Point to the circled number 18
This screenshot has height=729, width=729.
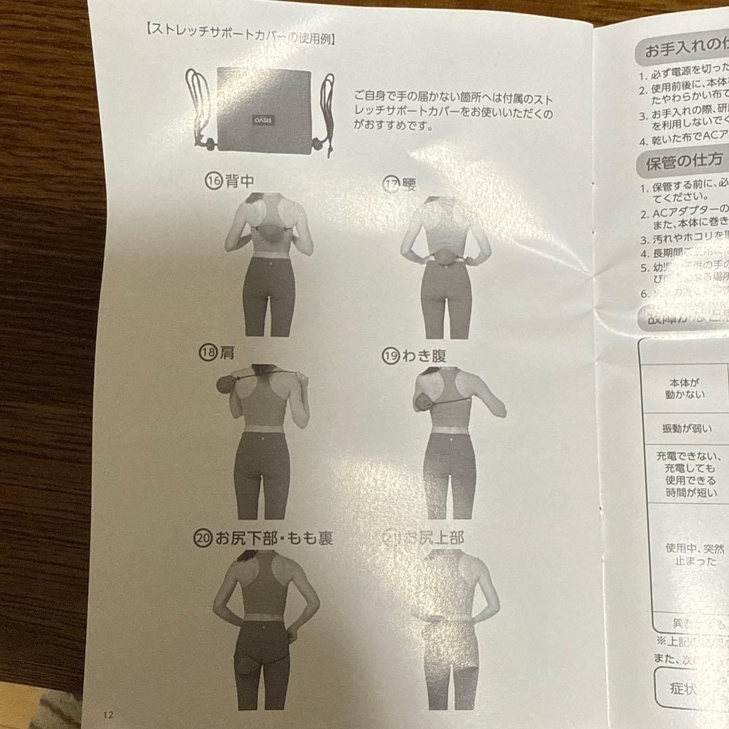click(x=207, y=353)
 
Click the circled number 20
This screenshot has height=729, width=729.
click(x=202, y=538)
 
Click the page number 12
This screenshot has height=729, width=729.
click(x=109, y=714)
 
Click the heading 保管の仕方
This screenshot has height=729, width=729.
click(x=675, y=161)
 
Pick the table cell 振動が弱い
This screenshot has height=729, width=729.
click(x=687, y=429)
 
